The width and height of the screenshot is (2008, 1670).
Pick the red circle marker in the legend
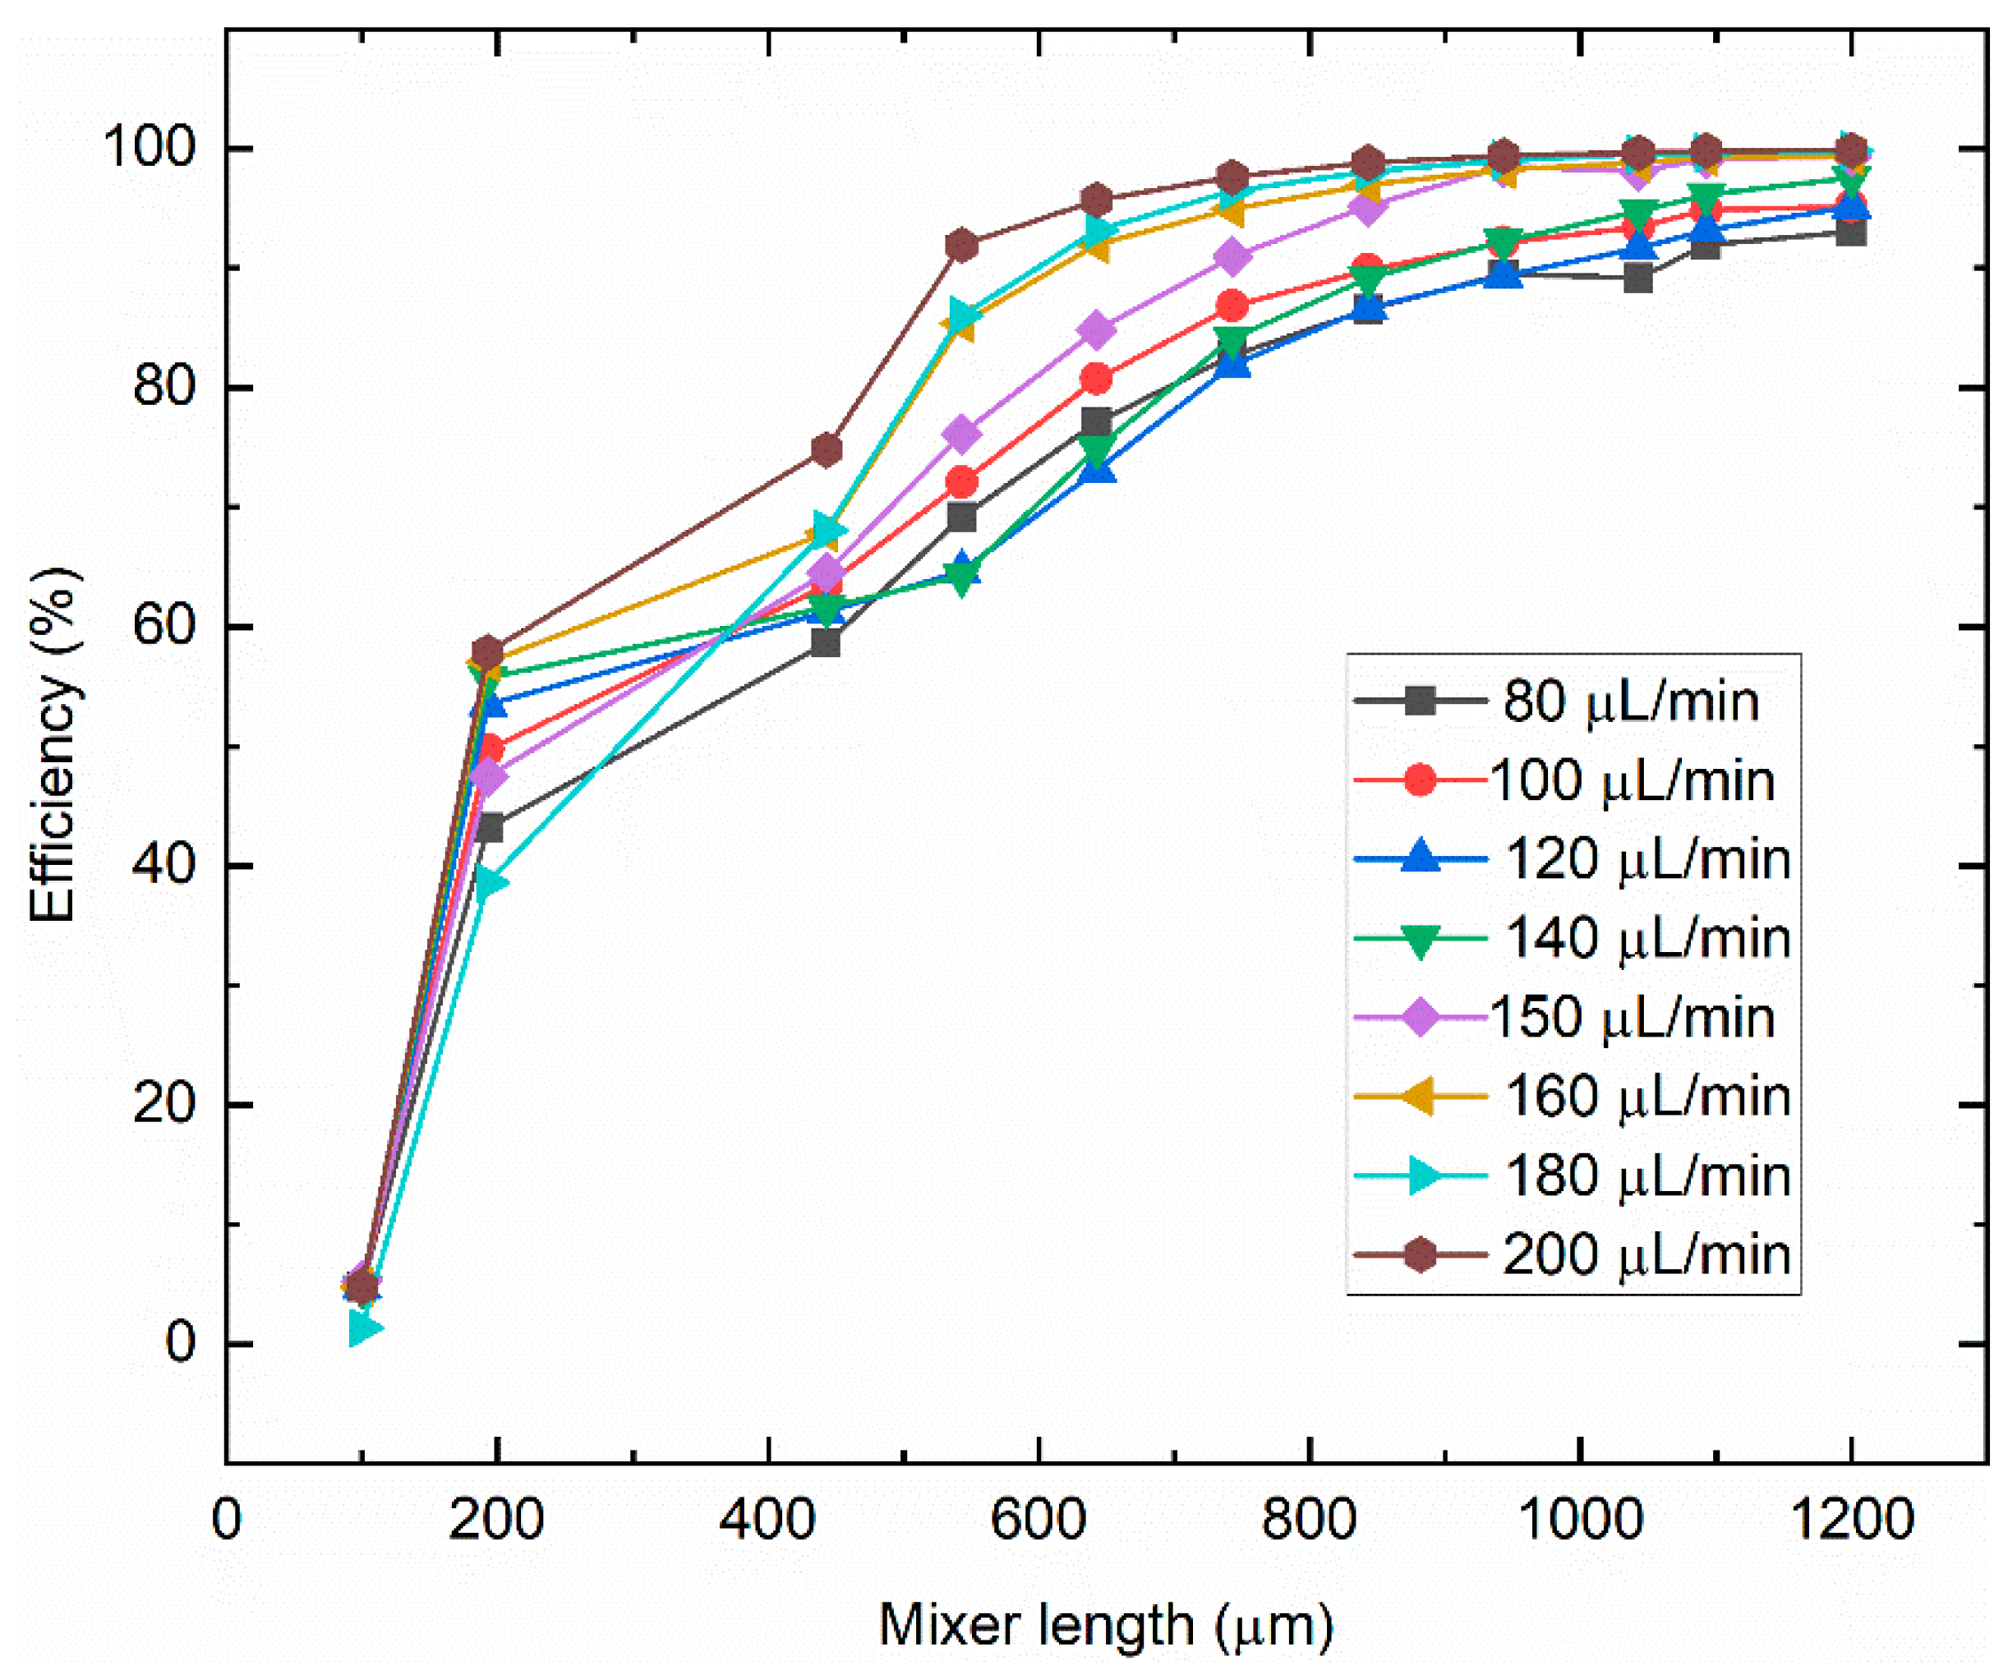1421,780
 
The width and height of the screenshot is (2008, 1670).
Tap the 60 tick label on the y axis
163,626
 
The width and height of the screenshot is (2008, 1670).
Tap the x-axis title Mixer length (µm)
1105,1624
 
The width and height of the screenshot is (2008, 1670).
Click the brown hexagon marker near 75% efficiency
827,449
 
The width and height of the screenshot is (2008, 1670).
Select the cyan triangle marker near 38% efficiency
490,882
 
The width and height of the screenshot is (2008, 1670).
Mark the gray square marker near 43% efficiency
489,827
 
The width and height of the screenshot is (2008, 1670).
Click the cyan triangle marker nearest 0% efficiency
364,1327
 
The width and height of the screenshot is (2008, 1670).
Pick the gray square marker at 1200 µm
1851,232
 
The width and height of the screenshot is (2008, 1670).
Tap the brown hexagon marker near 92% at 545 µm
962,246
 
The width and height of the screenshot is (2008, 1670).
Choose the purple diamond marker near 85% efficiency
1097,329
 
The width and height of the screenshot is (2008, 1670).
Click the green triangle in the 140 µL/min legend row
1421,939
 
